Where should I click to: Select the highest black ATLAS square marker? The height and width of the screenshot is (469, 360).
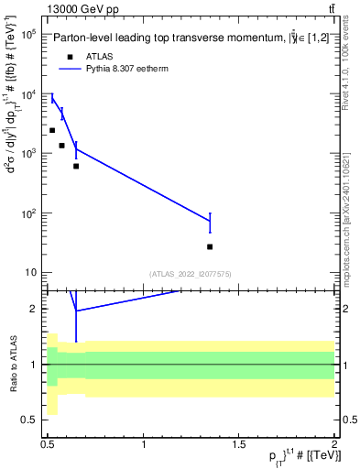point(52,130)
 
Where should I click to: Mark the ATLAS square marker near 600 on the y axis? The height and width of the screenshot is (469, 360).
point(76,166)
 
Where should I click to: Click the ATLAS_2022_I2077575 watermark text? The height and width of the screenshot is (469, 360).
point(191,273)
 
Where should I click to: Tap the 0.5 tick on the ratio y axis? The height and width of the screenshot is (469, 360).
point(33,420)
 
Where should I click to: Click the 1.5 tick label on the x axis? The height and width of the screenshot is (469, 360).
point(240,445)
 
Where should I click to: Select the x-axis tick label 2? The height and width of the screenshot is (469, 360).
point(334,445)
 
